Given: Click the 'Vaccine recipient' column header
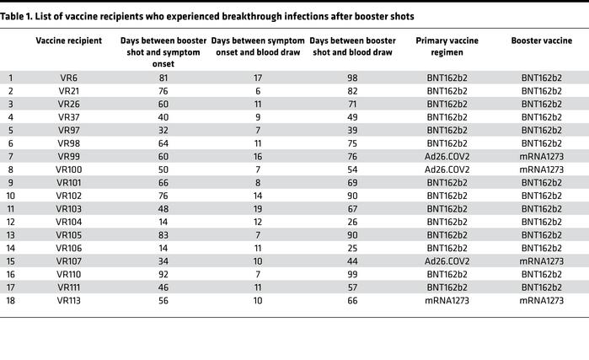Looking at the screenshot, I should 69,40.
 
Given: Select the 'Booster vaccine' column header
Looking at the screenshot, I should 537,40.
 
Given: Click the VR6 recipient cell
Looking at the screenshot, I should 69,77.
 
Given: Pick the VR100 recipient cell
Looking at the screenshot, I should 69,169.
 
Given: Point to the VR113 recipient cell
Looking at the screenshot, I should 69,300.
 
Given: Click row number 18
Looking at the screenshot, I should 11,300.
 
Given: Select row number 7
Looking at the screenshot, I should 11,156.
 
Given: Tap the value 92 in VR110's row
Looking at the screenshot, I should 163,274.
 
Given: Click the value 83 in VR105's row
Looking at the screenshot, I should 163,234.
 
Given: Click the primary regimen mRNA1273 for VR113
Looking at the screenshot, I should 448,300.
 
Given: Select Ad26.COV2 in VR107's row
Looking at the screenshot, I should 448,261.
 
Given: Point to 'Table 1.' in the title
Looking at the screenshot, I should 19,16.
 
